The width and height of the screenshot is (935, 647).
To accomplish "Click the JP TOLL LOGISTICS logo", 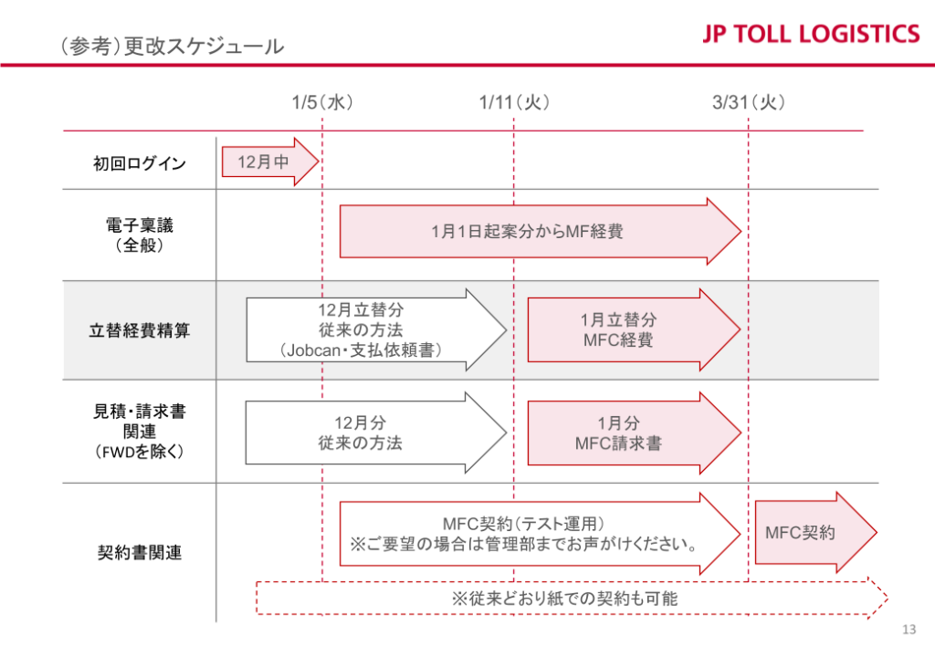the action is (811, 34).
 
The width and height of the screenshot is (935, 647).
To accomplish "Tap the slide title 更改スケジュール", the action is (204, 46).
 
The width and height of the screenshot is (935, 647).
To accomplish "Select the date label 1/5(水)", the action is (322, 102).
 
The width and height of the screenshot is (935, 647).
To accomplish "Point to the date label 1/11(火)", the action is (514, 102).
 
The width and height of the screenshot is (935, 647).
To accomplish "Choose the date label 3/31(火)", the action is (749, 102).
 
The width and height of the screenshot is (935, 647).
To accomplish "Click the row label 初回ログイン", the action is (140, 163).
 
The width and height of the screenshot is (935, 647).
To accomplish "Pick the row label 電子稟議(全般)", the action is (140, 235).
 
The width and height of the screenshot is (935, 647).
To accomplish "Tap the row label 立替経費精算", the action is (140, 330).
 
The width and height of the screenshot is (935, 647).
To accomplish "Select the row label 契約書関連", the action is (140, 552).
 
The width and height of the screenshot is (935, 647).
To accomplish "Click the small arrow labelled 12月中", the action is (270, 162).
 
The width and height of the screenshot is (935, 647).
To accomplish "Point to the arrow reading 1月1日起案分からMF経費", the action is (541, 231).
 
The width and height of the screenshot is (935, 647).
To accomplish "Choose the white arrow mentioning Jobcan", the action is (376, 330).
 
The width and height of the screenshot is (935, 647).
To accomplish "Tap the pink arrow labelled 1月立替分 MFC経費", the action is (634, 330).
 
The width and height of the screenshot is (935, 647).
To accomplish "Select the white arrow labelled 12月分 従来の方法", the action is (376, 433).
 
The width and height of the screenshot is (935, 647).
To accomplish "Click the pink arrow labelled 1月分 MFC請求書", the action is (634, 433).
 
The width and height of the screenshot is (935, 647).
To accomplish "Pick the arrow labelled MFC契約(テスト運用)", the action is (541, 533).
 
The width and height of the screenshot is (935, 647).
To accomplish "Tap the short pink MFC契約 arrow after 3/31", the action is (815, 533).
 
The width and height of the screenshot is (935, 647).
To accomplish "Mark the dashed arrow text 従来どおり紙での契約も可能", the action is (564, 598).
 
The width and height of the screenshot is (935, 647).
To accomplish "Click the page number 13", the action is (909, 629).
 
